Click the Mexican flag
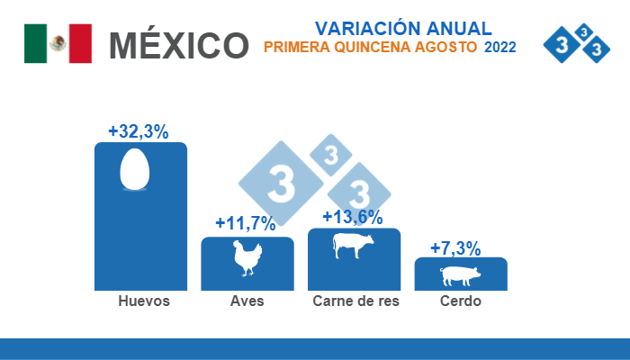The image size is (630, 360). tap(58, 43)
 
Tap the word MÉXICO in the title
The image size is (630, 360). tap(178, 44)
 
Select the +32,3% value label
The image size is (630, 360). tap(139, 131)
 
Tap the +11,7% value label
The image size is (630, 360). tap(246, 223)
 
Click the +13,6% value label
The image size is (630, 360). tap(353, 217)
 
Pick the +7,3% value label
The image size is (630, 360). tap(455, 247)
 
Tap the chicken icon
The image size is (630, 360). tap(247, 259)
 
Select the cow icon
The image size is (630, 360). tap(353, 246)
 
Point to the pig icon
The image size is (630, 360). tap(460, 274)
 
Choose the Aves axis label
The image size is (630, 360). tap(247, 301)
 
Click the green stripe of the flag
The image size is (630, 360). tap(35, 43)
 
